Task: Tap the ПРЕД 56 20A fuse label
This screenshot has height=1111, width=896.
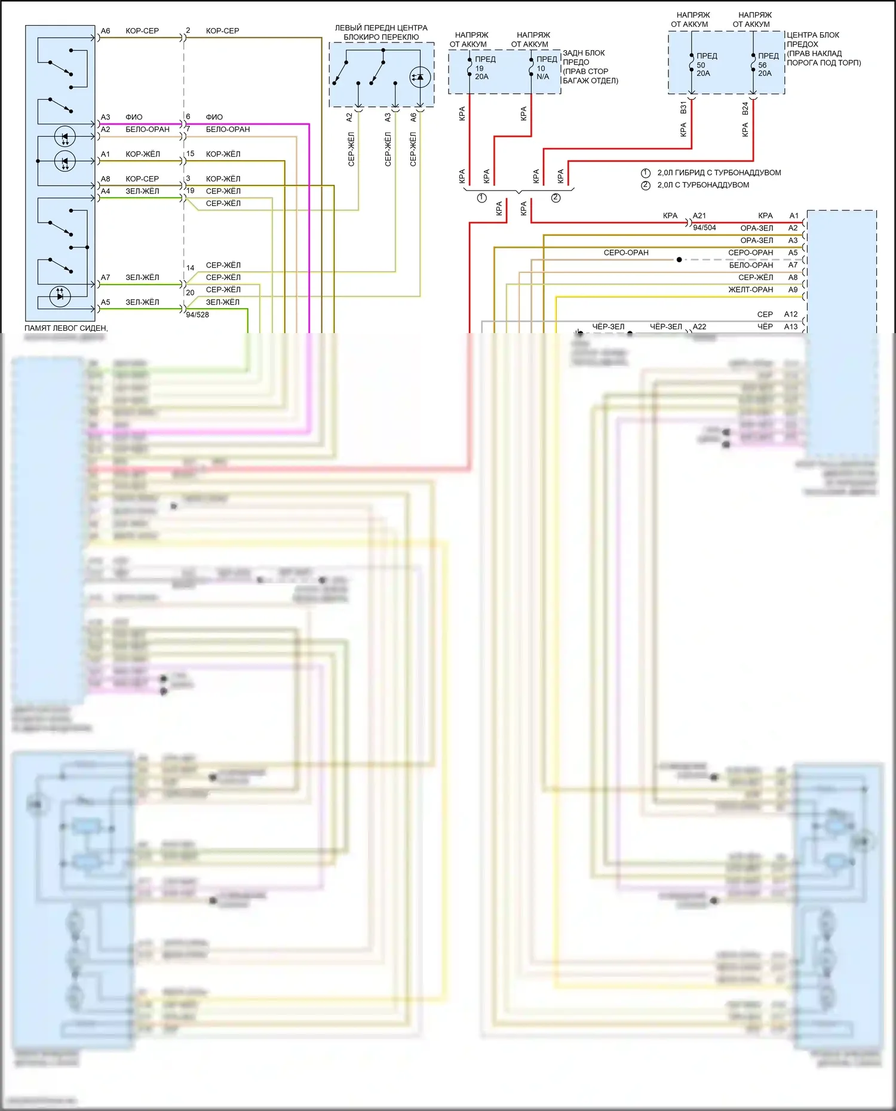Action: (768, 64)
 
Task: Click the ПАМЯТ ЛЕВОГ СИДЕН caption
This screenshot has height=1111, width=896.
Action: (66, 328)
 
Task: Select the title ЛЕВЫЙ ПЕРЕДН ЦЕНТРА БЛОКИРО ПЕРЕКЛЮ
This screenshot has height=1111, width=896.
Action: (381, 32)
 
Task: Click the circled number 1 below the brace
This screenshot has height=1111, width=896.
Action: (482, 198)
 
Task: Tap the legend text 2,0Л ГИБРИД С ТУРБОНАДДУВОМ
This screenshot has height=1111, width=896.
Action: (719, 173)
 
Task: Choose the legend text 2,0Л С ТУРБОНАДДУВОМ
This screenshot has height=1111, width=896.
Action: (703, 185)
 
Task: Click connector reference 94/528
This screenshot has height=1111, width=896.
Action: (197, 315)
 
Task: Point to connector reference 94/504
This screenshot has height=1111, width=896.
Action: (704, 227)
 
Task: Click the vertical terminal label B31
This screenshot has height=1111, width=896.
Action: (683, 108)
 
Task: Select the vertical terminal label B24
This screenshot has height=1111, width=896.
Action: (745, 108)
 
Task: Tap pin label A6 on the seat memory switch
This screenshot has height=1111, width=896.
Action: (105, 30)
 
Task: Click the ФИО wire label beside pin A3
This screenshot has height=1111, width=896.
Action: (134, 117)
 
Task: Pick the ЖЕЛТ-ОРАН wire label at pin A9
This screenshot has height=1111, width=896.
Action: (750, 290)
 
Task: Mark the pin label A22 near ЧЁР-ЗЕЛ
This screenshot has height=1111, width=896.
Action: (699, 327)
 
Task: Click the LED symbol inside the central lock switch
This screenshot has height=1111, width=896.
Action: (420, 77)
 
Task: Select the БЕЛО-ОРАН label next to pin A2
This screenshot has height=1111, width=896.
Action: (147, 129)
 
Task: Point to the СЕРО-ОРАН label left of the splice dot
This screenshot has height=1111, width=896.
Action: (625, 253)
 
